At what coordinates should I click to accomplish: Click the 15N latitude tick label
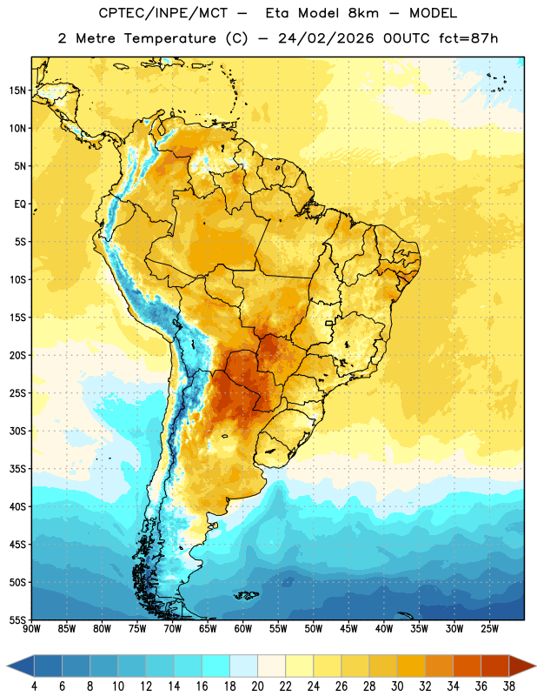tap(17, 90)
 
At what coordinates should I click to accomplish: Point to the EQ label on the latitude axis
tap(20, 204)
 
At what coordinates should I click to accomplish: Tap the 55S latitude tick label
tap(17, 620)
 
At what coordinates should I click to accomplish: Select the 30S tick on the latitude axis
tap(17, 431)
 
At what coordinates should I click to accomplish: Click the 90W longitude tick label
tap(31, 629)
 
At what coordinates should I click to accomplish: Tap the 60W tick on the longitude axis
tap(243, 629)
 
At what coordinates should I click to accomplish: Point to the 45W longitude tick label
tap(348, 629)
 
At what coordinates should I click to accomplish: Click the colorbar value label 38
tap(508, 686)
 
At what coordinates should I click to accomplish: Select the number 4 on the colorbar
tap(34, 686)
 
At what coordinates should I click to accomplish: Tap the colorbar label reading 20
tap(257, 686)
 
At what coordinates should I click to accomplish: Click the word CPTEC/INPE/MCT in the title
tap(162, 13)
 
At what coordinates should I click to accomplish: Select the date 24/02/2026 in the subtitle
tap(326, 38)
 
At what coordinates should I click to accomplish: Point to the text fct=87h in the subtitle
tap(468, 38)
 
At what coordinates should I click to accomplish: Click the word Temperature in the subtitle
tap(169, 38)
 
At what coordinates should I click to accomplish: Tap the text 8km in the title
tap(363, 13)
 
